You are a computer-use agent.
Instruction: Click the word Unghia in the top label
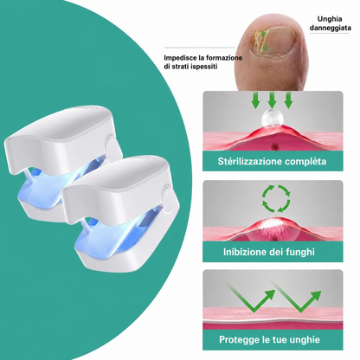coord(330,19)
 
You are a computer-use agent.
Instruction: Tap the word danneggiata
coord(331,29)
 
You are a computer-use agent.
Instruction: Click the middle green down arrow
coord(272,100)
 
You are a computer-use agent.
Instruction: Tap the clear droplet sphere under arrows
coord(271,119)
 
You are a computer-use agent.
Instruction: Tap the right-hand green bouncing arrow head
coord(315,296)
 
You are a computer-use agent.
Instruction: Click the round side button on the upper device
coord(112,146)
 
